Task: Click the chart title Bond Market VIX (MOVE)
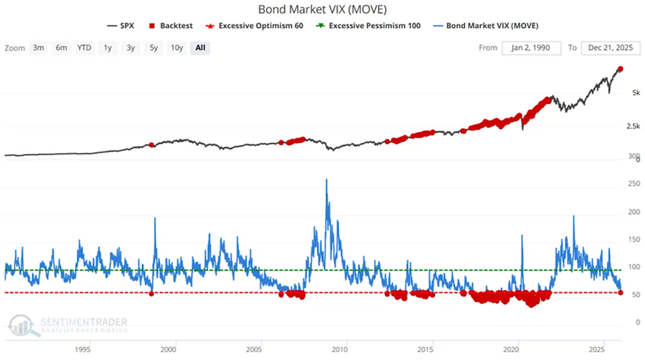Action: (x=322, y=10)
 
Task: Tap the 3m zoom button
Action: (x=38, y=48)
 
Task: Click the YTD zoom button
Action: (x=84, y=48)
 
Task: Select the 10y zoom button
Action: (x=176, y=48)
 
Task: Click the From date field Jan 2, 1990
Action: (x=531, y=48)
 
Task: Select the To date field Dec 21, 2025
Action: (x=611, y=48)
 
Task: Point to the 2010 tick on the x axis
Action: (x=340, y=349)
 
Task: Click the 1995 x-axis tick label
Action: (x=82, y=349)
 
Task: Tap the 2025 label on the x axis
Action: (x=597, y=349)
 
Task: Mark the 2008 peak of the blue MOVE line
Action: (x=326, y=179)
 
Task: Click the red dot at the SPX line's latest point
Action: (x=620, y=69)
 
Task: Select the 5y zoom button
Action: (x=153, y=48)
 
